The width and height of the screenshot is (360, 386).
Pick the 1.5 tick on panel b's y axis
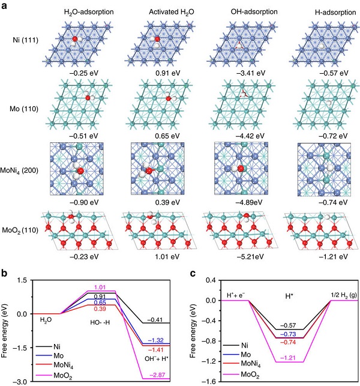click(x=23, y=280)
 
